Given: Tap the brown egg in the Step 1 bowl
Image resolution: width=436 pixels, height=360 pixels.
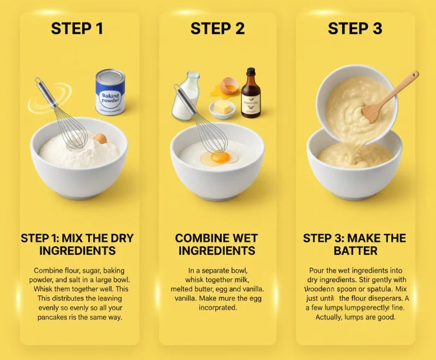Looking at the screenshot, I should [x=100, y=139].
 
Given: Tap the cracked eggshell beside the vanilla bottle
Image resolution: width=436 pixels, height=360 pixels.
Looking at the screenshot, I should [x=229, y=87].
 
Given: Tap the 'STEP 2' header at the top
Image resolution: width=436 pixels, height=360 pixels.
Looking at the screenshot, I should [x=217, y=29].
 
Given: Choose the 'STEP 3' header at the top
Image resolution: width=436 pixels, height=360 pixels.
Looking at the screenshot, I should [x=355, y=29].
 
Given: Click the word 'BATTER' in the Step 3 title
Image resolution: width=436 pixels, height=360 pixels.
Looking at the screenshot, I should [x=355, y=251].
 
